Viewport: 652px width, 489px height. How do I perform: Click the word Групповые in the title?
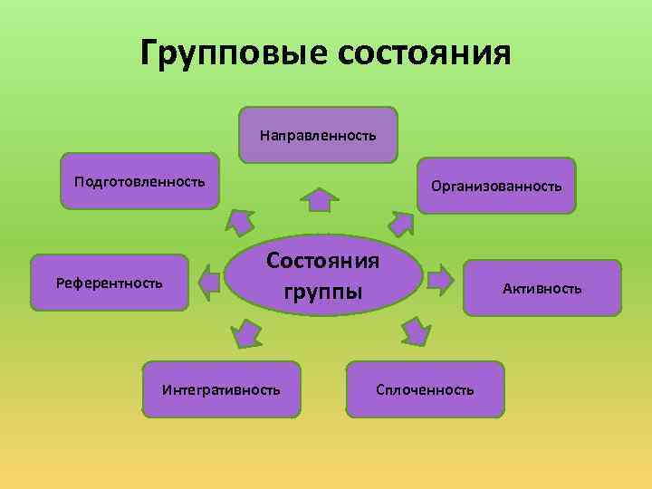click(234, 53)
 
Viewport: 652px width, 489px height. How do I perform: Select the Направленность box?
click(318, 135)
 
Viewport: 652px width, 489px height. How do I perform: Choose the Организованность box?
click(496, 186)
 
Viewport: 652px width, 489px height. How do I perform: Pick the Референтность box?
click(109, 283)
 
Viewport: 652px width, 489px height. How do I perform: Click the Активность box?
click(542, 288)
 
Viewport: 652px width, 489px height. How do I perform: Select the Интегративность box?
click(221, 389)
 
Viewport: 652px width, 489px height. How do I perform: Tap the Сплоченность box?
click(425, 389)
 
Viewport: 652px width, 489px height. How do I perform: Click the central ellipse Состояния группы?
click(323, 276)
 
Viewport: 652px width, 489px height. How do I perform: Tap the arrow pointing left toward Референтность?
click(209, 281)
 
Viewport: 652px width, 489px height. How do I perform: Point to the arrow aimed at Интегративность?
click(244, 333)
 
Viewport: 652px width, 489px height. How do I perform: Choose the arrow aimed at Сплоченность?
click(415, 331)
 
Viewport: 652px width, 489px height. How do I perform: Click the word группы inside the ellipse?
click(323, 292)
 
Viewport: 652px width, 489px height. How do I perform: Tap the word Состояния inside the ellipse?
click(323, 262)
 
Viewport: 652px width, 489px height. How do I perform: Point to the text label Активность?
click(542, 289)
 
